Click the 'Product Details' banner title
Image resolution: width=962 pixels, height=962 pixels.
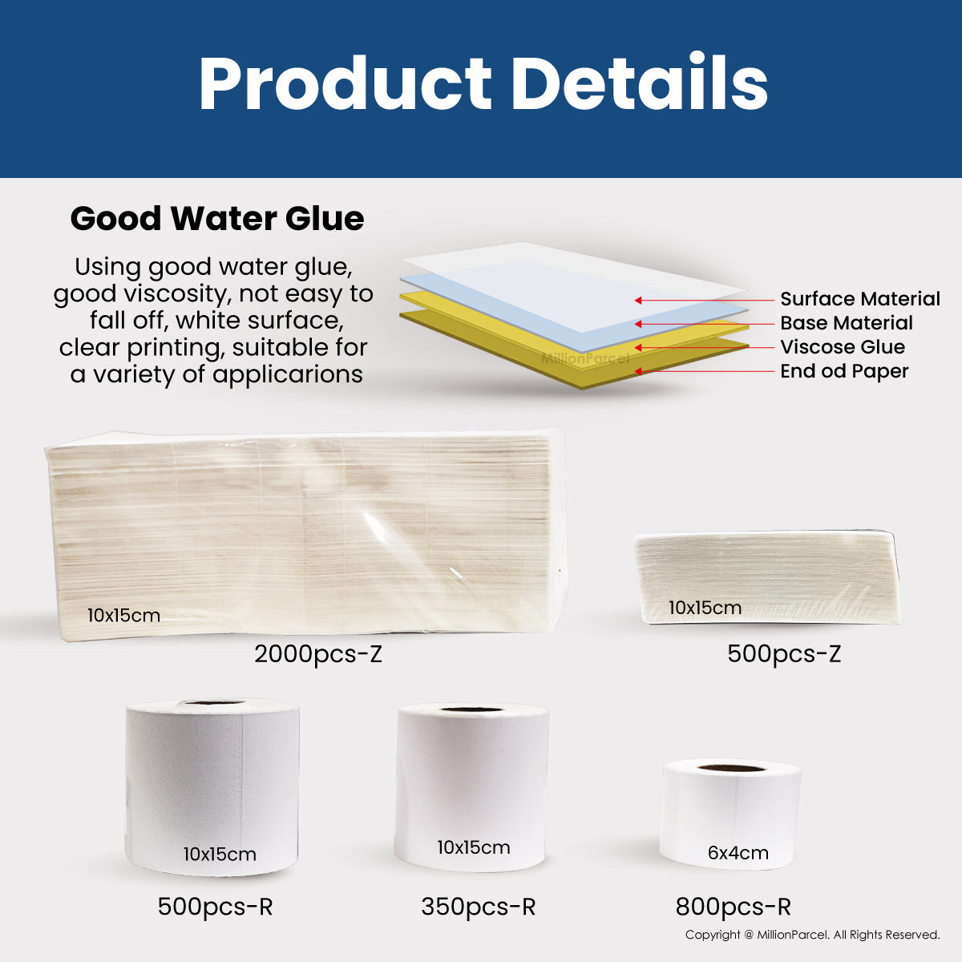(x=483, y=83)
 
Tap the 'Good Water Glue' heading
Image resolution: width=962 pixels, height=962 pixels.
(x=217, y=219)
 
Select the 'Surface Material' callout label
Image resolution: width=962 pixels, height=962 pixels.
(x=859, y=298)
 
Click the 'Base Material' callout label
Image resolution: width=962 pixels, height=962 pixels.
(x=847, y=322)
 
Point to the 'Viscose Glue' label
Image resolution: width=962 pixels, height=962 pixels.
(x=843, y=346)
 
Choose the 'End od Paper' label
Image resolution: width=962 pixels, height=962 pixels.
(x=843, y=371)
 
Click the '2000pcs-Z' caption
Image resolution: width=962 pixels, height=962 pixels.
(x=318, y=654)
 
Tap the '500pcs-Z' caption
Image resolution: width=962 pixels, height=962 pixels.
(x=784, y=654)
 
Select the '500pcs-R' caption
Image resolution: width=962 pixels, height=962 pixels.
(x=215, y=906)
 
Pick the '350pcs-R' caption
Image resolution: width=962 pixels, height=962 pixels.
(x=478, y=906)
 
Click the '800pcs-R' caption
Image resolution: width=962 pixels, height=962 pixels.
(x=733, y=906)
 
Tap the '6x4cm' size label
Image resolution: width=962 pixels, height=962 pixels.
(x=738, y=853)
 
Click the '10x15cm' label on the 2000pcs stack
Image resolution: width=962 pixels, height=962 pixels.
(x=123, y=615)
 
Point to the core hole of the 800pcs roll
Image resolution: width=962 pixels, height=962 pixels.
(x=731, y=767)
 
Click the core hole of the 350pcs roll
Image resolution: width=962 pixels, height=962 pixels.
(x=472, y=709)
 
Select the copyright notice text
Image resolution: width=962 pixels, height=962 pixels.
(x=812, y=935)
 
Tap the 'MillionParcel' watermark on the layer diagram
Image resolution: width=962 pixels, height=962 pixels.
(x=585, y=358)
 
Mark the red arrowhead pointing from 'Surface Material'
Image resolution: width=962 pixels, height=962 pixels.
(x=638, y=300)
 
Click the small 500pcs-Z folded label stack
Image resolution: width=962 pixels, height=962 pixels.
(x=767, y=577)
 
